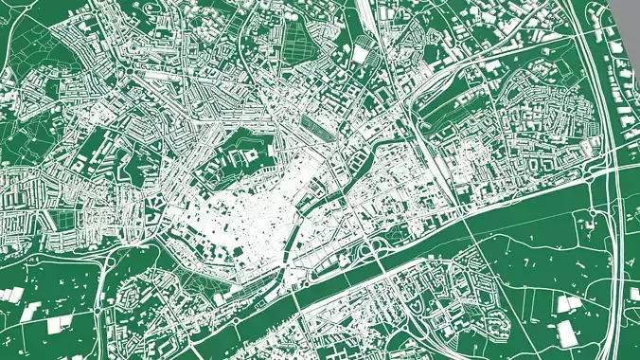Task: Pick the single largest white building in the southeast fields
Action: pos(566,333)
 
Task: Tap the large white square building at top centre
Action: pos(361,55)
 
